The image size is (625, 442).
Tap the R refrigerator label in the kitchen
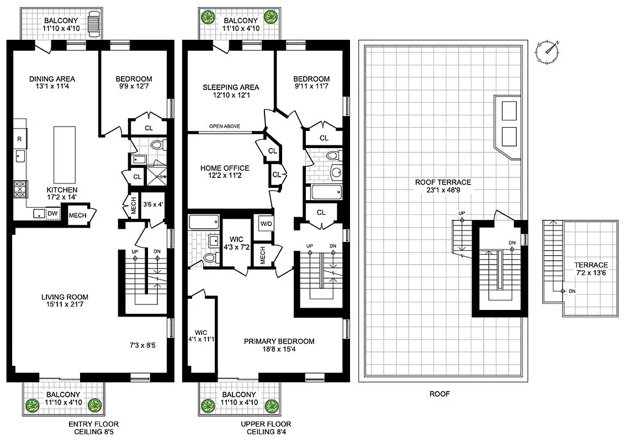click(x=19, y=139)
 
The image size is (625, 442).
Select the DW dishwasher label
click(x=51, y=213)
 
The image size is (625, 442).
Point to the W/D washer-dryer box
click(x=265, y=224)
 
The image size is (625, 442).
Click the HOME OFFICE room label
click(x=225, y=169)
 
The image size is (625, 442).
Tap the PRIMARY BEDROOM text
click(x=279, y=341)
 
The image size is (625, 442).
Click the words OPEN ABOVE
click(x=224, y=127)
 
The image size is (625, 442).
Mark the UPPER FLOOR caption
click(x=263, y=424)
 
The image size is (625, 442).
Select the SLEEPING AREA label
click(x=230, y=87)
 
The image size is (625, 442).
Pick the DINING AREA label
click(x=52, y=78)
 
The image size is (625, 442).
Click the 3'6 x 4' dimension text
click(x=153, y=205)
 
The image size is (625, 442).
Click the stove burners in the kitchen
click(x=20, y=190)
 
